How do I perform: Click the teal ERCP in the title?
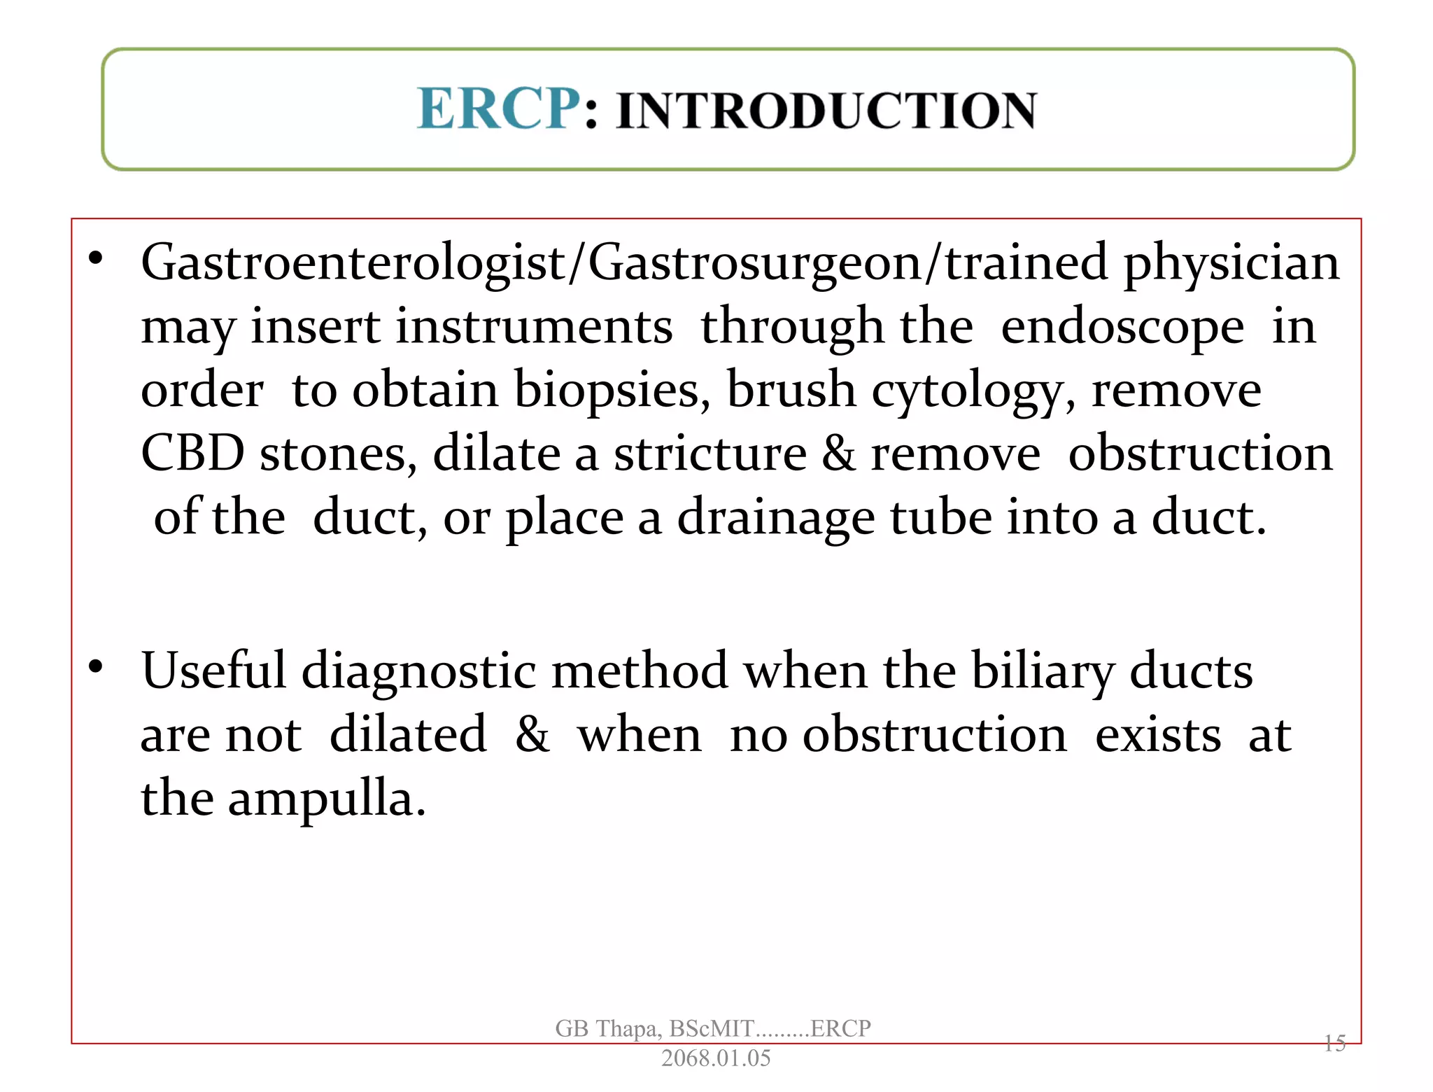click(x=498, y=109)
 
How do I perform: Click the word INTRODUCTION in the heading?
click(x=826, y=111)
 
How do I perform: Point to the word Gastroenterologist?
click(x=353, y=263)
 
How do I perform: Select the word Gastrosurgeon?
click(x=754, y=263)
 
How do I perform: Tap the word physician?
click(x=1231, y=263)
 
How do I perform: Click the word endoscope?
click(x=1122, y=327)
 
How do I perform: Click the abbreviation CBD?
click(x=192, y=454)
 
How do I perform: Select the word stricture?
click(x=710, y=454)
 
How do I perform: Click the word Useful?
click(x=214, y=671)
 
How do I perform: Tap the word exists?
click(x=1158, y=735)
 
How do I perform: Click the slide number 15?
click(x=1334, y=1043)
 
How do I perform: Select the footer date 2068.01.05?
click(x=715, y=1058)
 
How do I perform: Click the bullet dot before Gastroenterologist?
click(x=96, y=259)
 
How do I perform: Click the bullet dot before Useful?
click(x=96, y=666)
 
